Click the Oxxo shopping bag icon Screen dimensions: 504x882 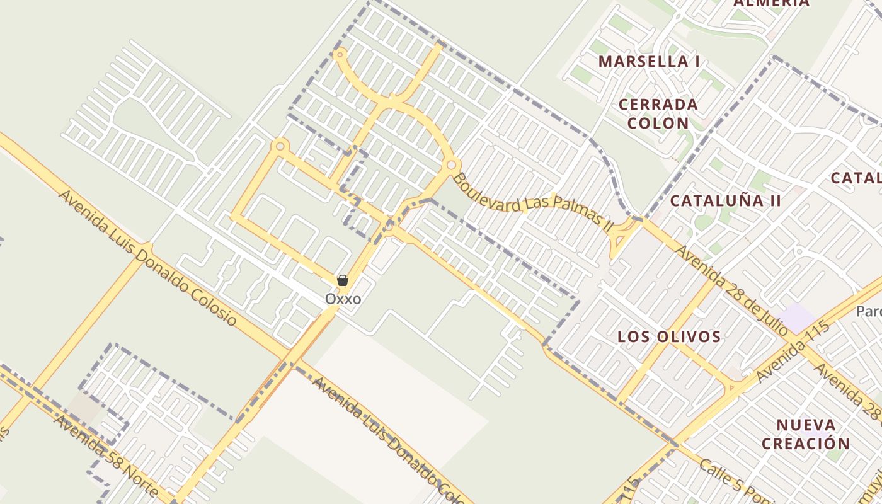pos(343,280)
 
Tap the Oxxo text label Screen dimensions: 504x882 pos(343,299)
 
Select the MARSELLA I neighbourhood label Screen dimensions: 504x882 pos(649,62)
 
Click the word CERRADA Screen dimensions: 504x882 pos(658,105)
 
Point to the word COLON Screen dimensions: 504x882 pos(658,123)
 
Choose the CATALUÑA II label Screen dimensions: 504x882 pos(725,201)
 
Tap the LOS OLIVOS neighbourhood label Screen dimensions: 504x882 pos(669,336)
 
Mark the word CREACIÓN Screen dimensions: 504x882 pos(806,443)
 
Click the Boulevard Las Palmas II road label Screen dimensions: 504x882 pos(532,201)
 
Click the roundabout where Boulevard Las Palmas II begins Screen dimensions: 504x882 pos(451,165)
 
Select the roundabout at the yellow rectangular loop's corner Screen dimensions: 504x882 pos(280,146)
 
